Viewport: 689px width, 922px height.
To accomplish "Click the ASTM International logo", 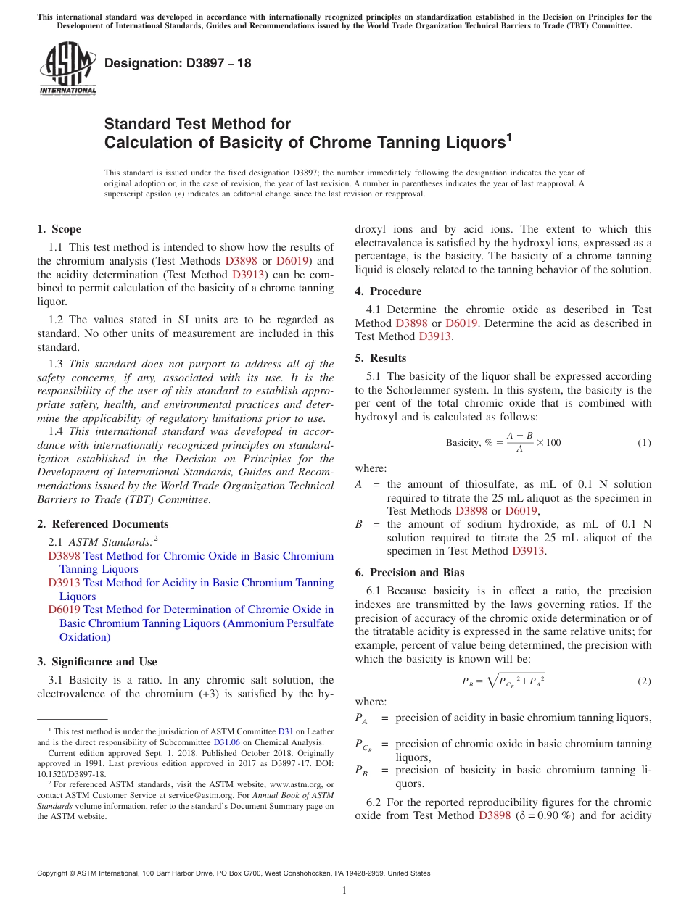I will tap(67, 70).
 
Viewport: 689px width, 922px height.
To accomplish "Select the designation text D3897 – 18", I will tap(178, 63).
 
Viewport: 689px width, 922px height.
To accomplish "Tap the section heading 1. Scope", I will tap(59, 229).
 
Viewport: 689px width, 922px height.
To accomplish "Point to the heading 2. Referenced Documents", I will tap(102, 524).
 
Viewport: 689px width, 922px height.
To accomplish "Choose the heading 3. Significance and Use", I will tap(96, 662).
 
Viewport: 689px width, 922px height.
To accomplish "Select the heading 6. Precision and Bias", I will tap(410, 573).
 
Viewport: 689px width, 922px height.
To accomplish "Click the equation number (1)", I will tap(644, 443).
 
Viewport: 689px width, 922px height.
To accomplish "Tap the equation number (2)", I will tap(644, 681).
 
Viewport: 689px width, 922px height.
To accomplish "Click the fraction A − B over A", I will tap(519, 443).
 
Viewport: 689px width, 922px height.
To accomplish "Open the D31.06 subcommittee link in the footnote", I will tap(225, 742).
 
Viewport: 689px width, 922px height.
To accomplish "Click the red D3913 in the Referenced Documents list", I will tap(65, 583).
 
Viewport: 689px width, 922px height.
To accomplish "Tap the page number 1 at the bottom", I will tap(344, 891).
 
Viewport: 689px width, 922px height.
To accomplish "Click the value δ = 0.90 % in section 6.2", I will tap(543, 816).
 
